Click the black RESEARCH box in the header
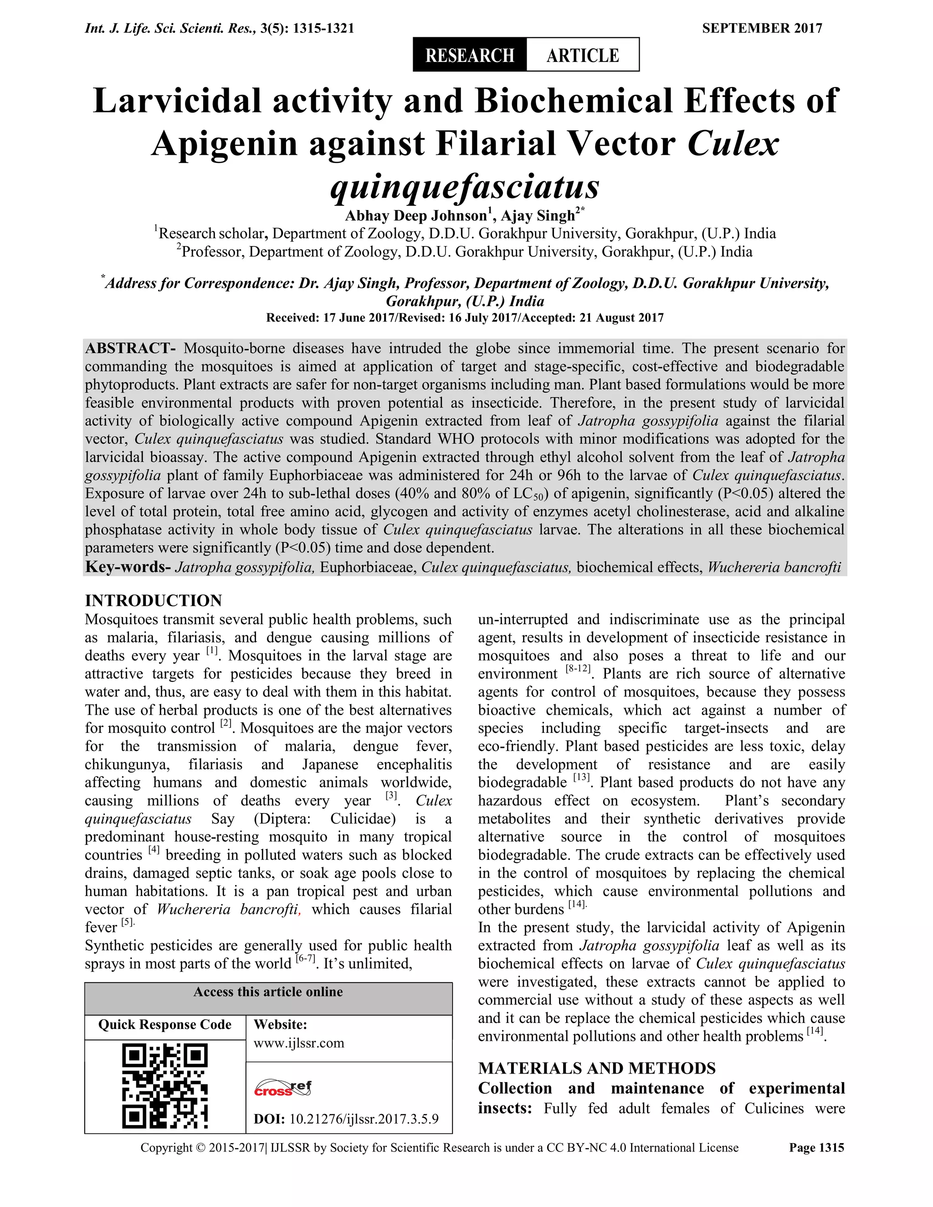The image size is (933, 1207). [469, 55]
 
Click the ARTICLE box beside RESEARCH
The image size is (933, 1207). [583, 55]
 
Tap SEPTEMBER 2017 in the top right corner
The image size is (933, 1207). [762, 28]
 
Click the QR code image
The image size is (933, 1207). [165, 1085]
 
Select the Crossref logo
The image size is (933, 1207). [282, 1088]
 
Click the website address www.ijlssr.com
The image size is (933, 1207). [298, 1043]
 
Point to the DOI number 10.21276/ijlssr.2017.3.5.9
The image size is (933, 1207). [364, 1119]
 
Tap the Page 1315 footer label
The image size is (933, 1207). [816, 1148]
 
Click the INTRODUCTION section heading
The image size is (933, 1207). [153, 600]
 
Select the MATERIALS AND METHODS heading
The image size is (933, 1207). [596, 1068]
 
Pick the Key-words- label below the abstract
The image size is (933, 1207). [128, 567]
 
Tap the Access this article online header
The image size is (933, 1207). [268, 992]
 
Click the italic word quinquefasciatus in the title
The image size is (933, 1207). [465, 187]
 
